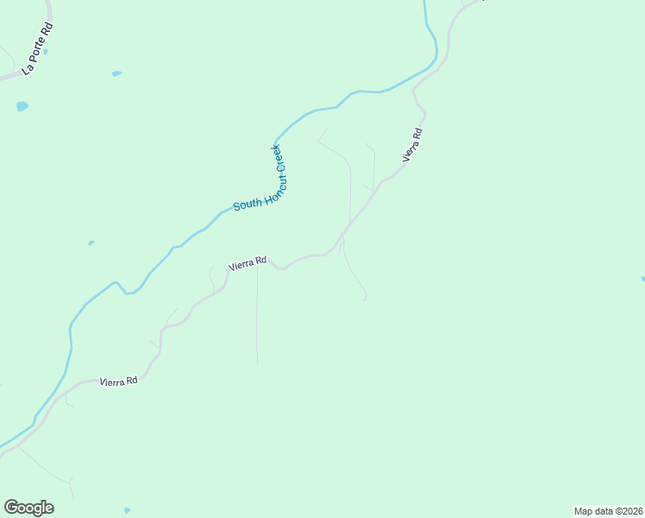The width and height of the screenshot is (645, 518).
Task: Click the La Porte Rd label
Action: click(38, 48)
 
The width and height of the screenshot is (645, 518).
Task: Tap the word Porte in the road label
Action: click(36, 50)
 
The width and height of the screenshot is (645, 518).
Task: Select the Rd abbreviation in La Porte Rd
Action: click(47, 29)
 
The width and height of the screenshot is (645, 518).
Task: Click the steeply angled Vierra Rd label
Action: click(412, 144)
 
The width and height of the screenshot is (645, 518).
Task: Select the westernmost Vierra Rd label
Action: click(118, 381)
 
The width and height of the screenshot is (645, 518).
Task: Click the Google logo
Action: click(28, 508)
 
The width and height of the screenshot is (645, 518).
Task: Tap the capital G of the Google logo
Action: click(10, 507)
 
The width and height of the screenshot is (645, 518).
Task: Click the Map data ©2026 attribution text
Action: click(607, 511)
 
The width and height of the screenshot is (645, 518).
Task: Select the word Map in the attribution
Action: click(584, 511)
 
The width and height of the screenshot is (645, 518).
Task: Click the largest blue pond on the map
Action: click(22, 106)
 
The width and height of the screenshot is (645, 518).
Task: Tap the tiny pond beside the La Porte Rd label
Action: click(45, 52)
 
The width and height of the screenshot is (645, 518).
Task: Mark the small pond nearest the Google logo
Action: click(127, 510)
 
